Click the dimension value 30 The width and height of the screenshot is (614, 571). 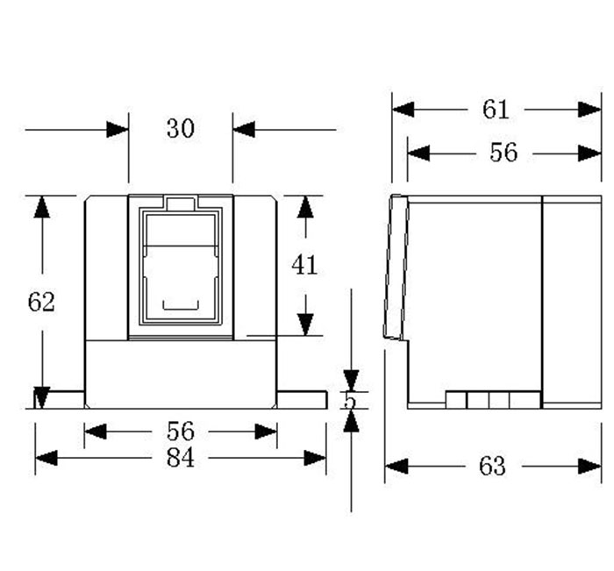(180, 128)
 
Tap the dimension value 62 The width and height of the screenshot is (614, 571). (41, 302)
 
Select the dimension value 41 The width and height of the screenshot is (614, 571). (304, 265)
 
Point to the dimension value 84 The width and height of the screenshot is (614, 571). (180, 458)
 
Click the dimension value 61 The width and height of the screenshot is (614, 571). (496, 110)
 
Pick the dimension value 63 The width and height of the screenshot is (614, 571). (492, 466)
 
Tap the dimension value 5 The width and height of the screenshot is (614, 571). (350, 401)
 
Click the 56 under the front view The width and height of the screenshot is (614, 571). (180, 432)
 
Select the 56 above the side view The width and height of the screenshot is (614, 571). (503, 153)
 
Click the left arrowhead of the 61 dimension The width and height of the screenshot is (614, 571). (403, 110)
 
